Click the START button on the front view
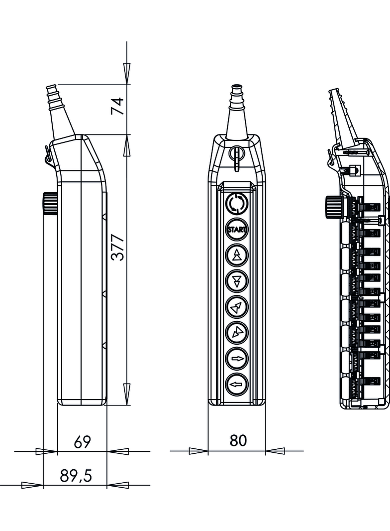[237, 230]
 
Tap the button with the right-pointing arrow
[237, 359]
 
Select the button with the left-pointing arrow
[237, 385]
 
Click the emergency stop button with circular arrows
[237, 204]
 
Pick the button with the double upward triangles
[237, 256]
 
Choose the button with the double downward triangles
[237, 281]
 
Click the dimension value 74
[117, 106]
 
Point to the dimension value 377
[118, 247]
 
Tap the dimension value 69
[82, 442]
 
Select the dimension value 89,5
[76, 476]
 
